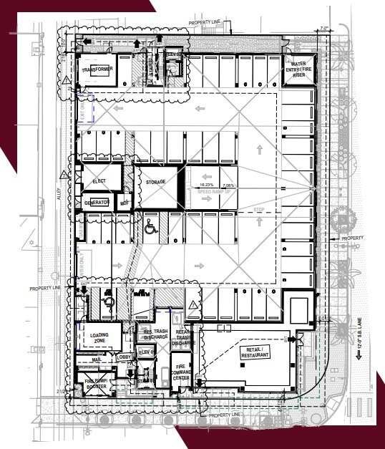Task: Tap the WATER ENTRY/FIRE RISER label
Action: pos(298,69)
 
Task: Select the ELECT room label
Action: pos(99,182)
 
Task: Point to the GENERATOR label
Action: pos(97,203)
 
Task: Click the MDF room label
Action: pos(125,203)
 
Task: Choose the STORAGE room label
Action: pos(156,182)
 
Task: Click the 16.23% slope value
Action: pos(199,185)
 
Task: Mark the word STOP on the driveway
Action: pos(259,209)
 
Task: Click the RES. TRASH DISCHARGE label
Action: pos(155,334)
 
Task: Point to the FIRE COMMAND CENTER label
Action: pos(181,372)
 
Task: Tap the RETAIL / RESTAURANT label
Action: pos(256,350)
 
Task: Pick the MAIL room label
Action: pos(97,360)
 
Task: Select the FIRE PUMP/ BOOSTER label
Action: pos(95,383)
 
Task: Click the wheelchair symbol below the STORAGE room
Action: pos(151,229)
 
